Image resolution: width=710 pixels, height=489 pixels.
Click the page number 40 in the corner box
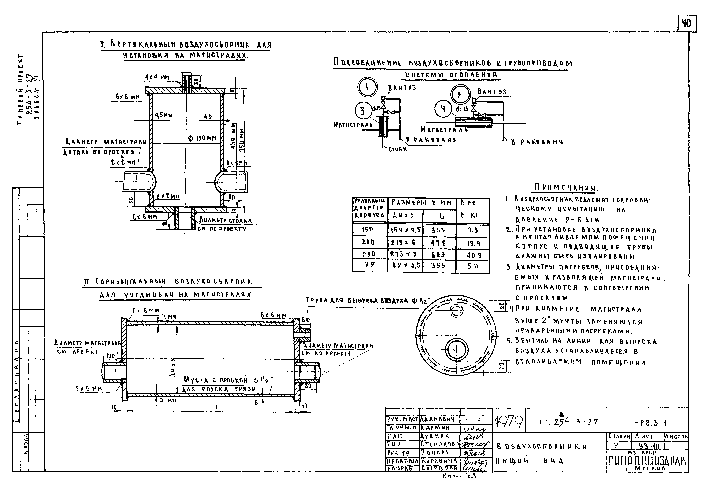[687, 23]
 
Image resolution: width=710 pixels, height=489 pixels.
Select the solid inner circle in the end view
[457, 349]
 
